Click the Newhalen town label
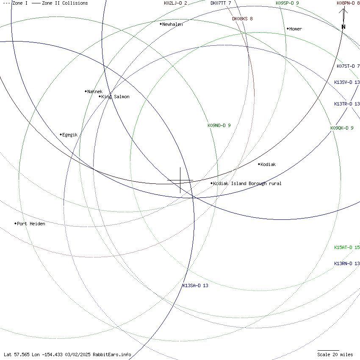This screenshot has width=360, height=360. tap(172, 24)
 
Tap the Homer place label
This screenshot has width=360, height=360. tap(296, 29)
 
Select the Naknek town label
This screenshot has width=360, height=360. tap(95, 91)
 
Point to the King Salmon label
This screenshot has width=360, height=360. tap(115, 97)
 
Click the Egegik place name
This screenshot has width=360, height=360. tap(70, 135)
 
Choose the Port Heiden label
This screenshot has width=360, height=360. tap(31, 224)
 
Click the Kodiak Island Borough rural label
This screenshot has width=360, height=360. tap(247, 183)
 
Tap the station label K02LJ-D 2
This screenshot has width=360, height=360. tap(175, 3)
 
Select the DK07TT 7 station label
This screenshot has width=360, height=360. tap(221, 3)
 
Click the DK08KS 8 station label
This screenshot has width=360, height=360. tap(242, 19)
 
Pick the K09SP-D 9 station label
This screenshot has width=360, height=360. tap(287, 3)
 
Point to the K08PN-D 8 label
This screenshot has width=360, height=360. tap(348, 3)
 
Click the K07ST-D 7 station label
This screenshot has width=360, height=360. tap(348, 66)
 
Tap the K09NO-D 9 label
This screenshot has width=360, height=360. tap(219, 125)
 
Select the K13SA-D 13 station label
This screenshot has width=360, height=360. tap(195, 285)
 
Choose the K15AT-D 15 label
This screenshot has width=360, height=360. tap(347, 247)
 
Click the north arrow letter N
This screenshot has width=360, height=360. tap(343, 27)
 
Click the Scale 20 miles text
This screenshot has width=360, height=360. tap(335, 354)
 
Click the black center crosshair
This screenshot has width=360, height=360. tap(180, 180)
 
